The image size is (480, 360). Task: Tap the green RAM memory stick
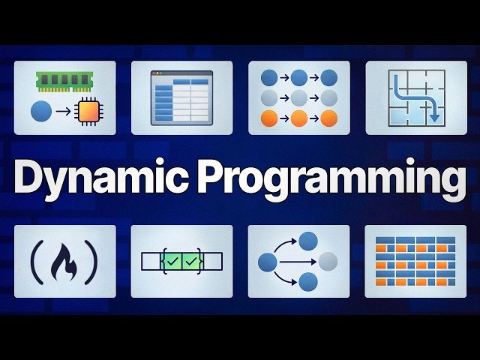point(64,80)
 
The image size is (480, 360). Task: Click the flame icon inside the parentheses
point(64,261)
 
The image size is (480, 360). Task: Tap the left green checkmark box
point(172,261)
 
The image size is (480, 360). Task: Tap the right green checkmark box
point(191,261)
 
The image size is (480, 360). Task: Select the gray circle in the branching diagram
point(328,261)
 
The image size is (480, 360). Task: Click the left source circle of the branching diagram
point(268,262)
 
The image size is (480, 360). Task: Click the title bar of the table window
point(181,73)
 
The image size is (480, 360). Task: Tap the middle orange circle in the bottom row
point(299,118)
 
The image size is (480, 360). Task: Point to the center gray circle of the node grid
point(299,97)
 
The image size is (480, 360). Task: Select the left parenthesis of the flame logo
point(34,261)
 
